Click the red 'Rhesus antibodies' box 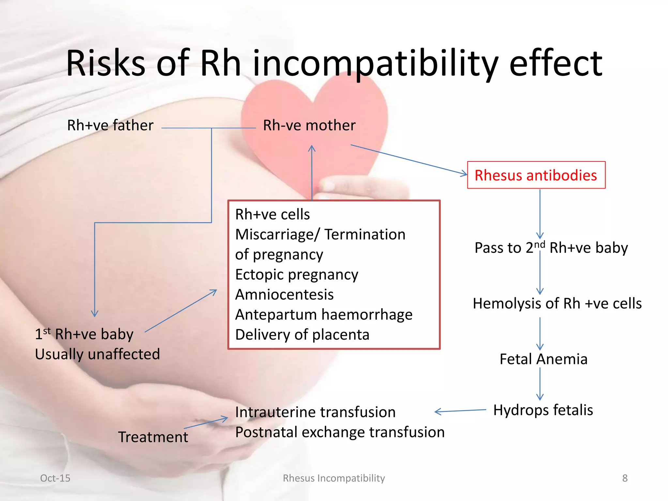536,175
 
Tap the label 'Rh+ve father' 110,125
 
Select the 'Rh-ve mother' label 309,125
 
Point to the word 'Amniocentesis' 284,295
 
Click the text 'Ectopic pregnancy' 296,275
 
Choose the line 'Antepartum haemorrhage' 324,315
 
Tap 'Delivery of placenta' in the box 302,335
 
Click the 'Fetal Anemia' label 543,359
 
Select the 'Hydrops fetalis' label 543,410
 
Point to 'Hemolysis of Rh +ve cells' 557,303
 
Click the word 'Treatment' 153,437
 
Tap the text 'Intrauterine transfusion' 315,412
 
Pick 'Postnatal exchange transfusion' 340,433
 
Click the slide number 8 625,478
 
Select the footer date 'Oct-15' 55,478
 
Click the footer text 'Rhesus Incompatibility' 334,478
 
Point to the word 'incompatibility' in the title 375,64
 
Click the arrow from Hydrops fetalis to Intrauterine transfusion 461,411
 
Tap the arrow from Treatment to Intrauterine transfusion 206,423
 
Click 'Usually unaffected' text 97,354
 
